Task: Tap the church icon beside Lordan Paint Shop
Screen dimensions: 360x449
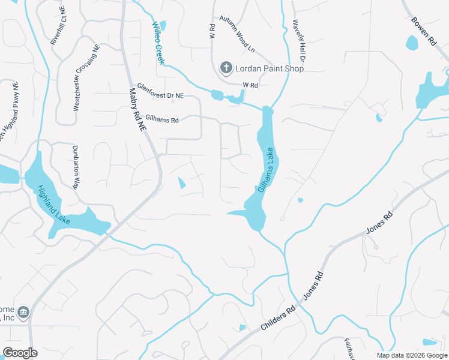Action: click(x=226, y=67)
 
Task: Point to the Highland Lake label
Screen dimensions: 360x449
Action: click(x=54, y=205)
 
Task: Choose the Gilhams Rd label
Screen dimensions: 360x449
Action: click(x=166, y=120)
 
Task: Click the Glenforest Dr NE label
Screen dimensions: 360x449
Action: click(x=160, y=91)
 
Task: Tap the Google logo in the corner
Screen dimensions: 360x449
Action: click(x=20, y=353)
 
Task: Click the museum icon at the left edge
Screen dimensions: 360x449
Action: click(x=23, y=312)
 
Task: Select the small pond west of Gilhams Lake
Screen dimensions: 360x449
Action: click(x=181, y=182)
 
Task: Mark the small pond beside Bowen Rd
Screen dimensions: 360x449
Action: click(x=412, y=43)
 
